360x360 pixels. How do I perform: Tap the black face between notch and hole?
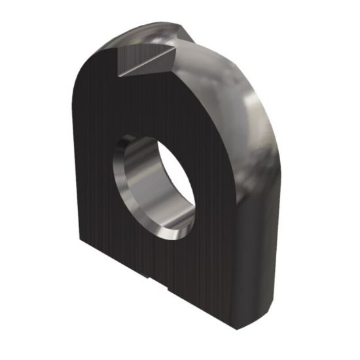(x=157, y=105)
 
